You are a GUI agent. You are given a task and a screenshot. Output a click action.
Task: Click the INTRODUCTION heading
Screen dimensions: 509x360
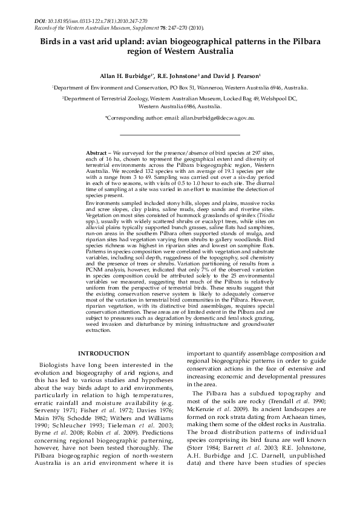tap(100, 369)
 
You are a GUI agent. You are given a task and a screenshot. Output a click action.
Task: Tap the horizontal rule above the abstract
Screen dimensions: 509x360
tap(180, 134)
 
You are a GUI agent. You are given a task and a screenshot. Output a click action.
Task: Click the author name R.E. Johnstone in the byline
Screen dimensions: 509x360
tap(177, 77)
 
